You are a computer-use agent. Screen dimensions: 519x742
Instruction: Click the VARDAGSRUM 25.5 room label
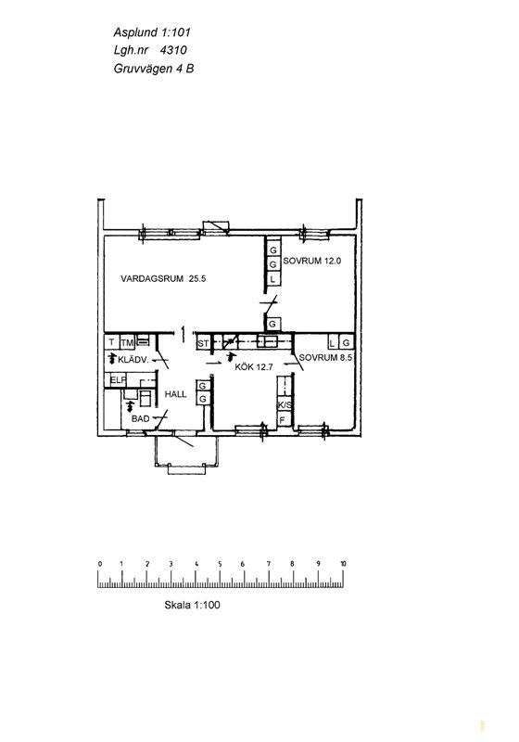coord(163,279)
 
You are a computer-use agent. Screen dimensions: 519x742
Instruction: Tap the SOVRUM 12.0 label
coord(312,261)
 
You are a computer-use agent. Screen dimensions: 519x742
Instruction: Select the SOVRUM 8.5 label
coord(325,358)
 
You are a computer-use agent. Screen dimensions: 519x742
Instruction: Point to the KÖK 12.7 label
coord(254,366)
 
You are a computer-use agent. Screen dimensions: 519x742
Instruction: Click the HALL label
coord(175,394)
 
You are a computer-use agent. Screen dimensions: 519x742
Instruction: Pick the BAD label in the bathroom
coord(140,419)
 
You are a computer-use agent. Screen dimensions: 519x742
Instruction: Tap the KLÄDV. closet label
coord(133,360)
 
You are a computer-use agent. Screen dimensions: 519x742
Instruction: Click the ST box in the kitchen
coord(203,343)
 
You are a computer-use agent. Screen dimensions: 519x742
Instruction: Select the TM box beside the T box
coord(127,342)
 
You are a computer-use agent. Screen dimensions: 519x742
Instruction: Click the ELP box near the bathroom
coord(119,379)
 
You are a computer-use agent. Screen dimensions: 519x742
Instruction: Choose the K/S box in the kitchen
coord(285,405)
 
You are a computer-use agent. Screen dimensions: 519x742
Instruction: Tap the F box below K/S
coord(283,420)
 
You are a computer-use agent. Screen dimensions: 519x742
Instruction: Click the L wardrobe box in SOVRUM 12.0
coord(272,279)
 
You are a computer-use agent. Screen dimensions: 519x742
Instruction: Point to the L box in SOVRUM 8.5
coord(333,342)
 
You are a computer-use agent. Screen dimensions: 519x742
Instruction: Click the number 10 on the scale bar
coord(343,564)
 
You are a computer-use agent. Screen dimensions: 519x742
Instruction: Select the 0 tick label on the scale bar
coord(100,564)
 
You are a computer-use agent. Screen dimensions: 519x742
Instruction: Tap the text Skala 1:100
coord(192,605)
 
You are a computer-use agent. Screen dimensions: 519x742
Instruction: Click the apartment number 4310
coord(173,50)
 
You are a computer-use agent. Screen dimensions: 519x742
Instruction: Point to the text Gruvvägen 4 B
coord(154,69)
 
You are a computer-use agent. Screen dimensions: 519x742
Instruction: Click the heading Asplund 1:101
coord(152,32)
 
